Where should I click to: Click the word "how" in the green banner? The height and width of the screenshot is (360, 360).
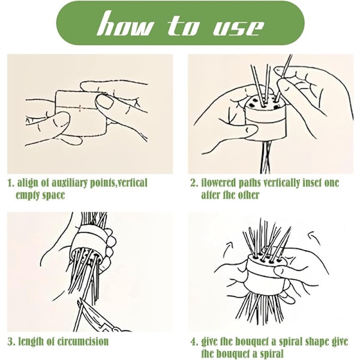[x=124, y=23]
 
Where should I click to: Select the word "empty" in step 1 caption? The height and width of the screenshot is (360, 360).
[x=28, y=196]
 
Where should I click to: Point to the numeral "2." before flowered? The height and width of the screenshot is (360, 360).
[x=194, y=184]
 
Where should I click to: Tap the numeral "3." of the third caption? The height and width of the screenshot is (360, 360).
[x=11, y=342]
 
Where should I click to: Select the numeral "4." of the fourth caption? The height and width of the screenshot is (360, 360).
[x=194, y=342]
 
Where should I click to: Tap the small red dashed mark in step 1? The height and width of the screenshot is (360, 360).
[x=80, y=108]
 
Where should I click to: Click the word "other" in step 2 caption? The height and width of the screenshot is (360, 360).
[x=248, y=196]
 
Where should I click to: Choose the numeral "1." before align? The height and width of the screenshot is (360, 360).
[x=11, y=184]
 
